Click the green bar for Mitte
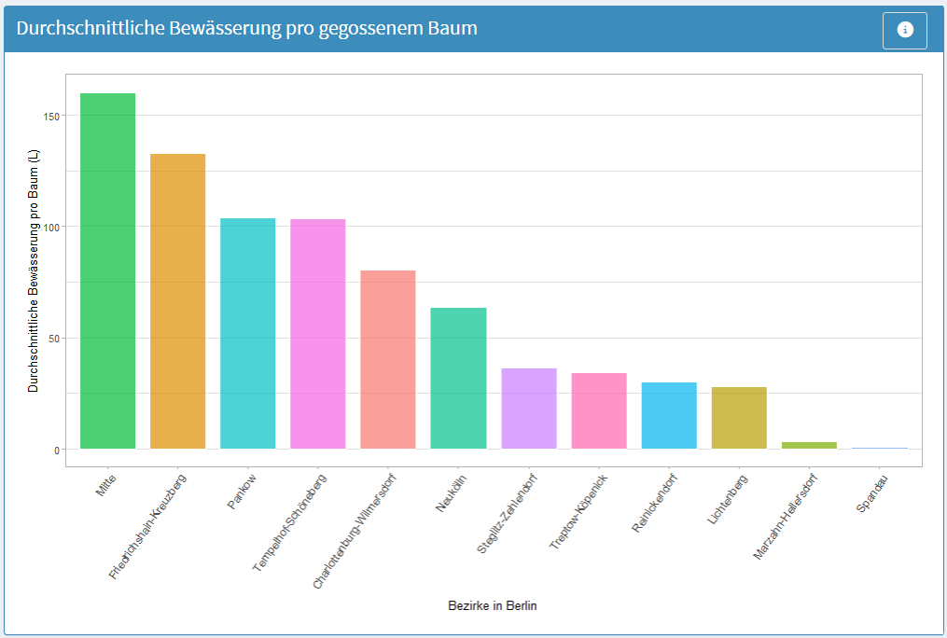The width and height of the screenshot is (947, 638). (x=107, y=270)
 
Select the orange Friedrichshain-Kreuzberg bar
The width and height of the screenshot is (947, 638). (x=177, y=301)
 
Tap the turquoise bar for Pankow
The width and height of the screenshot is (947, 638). (x=247, y=333)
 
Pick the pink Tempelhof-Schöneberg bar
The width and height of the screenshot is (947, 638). (x=318, y=334)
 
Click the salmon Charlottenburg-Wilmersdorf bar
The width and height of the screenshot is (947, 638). (x=388, y=359)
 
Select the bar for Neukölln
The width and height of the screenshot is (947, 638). (x=458, y=378)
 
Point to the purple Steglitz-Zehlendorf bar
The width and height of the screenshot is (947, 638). (x=528, y=409)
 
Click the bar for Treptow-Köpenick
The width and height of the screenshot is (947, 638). (x=599, y=410)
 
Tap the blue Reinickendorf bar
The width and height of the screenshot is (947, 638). (x=669, y=415)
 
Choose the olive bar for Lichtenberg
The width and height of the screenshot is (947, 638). (x=739, y=418)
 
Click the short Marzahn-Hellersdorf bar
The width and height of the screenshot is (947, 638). (x=809, y=445)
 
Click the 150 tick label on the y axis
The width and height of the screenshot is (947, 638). (x=50, y=116)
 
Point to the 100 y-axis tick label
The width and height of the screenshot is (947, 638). (x=50, y=227)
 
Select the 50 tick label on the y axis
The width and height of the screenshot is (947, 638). (x=53, y=338)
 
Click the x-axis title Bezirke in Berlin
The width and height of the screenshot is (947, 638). (x=492, y=606)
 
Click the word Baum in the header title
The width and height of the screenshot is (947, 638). (x=452, y=29)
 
